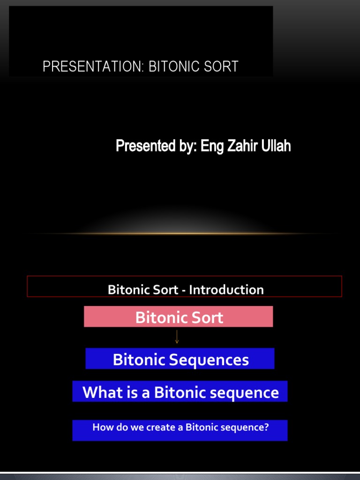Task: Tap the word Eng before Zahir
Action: click(211, 147)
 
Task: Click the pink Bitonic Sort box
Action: click(178, 317)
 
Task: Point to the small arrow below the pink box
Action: click(177, 337)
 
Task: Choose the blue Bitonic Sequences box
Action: click(180, 359)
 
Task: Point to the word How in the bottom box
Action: click(102, 427)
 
